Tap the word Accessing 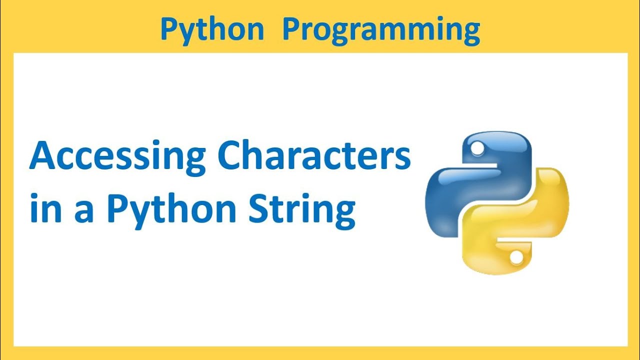pyautogui.click(x=117, y=156)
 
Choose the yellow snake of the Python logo pyautogui.click(x=520, y=225)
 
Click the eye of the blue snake pyautogui.click(x=477, y=147)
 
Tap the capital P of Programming pyautogui.click(x=292, y=29)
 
